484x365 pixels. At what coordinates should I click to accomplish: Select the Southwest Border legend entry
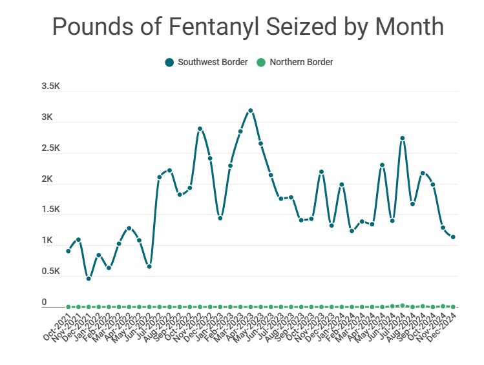click(206, 63)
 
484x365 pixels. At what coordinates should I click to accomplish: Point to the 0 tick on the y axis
click(45, 302)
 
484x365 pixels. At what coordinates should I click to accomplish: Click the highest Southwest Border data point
click(251, 111)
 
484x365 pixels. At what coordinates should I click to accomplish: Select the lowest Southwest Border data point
click(89, 279)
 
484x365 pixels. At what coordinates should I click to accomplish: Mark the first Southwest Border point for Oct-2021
click(68, 251)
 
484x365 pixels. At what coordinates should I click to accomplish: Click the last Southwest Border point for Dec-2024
click(454, 237)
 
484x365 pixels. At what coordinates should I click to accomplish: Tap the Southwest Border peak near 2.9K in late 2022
click(200, 129)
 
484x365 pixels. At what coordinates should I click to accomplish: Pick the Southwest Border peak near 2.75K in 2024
click(403, 138)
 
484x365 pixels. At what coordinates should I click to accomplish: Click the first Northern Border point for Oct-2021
click(68, 307)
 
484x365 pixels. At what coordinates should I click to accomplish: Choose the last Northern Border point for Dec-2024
click(454, 307)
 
